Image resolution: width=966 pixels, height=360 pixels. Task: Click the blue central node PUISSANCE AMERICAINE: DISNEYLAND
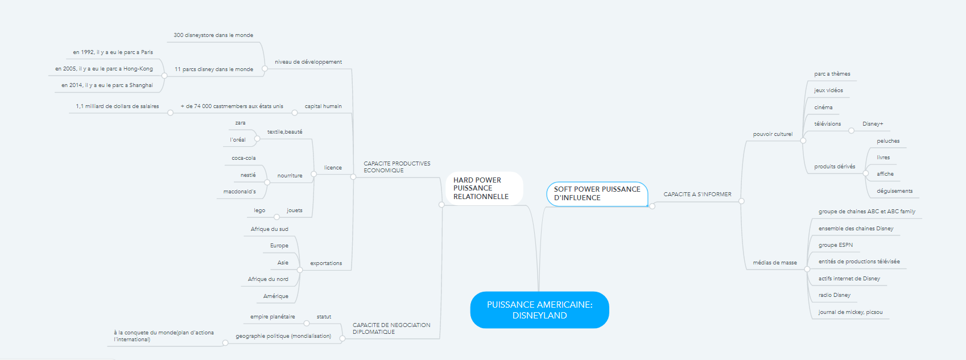(x=539, y=309)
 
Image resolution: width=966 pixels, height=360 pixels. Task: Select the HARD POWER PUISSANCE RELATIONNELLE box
(x=484, y=188)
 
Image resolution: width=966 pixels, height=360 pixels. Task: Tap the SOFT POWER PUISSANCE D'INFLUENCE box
(x=597, y=193)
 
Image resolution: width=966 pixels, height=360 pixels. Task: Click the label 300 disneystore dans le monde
(x=213, y=35)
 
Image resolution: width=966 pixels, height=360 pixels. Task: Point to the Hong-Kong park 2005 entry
(x=104, y=69)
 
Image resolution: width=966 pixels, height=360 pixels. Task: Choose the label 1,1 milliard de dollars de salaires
(x=117, y=106)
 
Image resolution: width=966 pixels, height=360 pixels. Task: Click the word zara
(x=240, y=123)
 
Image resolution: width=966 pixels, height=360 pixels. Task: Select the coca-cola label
(x=243, y=158)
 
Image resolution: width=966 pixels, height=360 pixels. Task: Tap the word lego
(x=259, y=210)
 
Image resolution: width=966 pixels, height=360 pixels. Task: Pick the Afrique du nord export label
(x=268, y=279)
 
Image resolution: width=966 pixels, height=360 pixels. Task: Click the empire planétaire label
(x=273, y=316)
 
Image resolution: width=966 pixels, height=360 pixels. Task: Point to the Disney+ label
(x=873, y=124)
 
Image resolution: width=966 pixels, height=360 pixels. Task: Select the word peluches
(x=888, y=141)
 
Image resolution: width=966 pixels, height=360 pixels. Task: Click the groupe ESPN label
(x=835, y=245)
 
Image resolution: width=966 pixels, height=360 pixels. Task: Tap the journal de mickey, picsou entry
(x=851, y=312)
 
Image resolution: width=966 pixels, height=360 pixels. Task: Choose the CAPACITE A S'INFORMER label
(x=697, y=195)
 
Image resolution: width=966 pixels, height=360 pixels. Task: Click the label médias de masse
(x=775, y=263)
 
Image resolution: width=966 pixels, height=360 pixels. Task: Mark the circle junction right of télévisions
(x=851, y=131)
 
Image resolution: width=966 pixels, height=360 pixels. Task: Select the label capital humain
(x=323, y=106)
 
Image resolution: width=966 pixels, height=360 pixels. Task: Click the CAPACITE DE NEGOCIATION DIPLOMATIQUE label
(x=391, y=329)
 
